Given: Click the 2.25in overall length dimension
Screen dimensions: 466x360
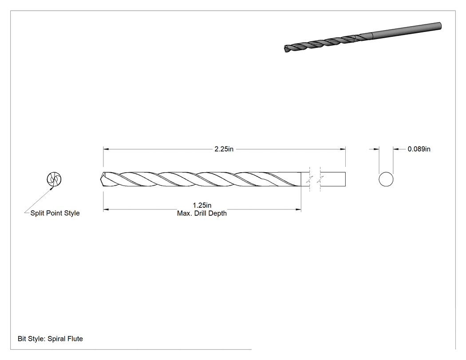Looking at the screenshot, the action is coord(224,149).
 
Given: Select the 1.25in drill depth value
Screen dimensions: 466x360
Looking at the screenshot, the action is coord(202,205).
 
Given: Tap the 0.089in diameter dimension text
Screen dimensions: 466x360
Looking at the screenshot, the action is coord(419,149).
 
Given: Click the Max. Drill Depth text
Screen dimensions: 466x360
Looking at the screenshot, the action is coord(202,213).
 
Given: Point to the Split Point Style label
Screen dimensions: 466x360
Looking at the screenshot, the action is coord(55,213).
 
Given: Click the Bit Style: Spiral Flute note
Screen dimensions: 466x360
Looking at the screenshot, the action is coord(50,339).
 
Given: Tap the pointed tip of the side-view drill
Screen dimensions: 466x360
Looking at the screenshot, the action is coord(101,179).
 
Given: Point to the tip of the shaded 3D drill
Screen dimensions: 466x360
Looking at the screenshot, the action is coord(286,49).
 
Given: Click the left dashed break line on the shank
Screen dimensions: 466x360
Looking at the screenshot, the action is coord(310,179).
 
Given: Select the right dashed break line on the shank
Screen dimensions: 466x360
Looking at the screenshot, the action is coord(320,179).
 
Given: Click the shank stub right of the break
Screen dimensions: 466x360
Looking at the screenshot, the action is coord(333,179).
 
